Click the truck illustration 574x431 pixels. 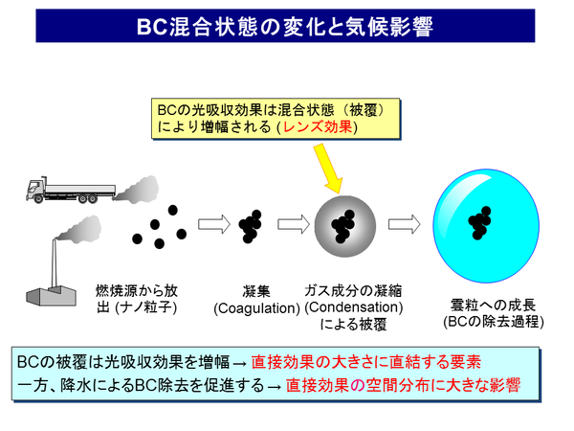(60, 191)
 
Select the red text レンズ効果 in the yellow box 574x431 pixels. (321, 127)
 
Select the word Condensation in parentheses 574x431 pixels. (354, 307)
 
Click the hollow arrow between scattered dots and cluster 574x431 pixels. (213, 226)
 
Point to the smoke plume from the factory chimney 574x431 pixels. (77, 230)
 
